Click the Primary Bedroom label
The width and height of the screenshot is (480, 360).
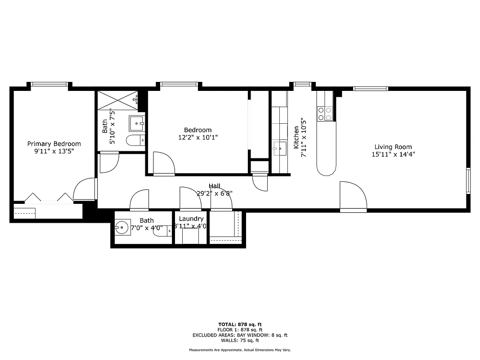(54, 144)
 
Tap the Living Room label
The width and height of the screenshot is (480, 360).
(393, 147)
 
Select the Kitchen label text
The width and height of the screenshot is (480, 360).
(296, 137)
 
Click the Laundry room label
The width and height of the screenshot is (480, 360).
(191, 219)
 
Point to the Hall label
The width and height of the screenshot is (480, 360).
(214, 186)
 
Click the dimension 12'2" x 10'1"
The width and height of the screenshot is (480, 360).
(197, 138)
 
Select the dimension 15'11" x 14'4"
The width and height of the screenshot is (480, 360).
(393, 154)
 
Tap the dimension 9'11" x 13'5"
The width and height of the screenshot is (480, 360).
(54, 151)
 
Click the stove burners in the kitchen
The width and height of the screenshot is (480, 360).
(325, 113)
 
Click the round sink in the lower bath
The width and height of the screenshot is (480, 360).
(122, 228)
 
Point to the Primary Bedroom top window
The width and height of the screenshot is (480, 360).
(49, 84)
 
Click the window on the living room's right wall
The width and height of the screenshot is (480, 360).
(468, 180)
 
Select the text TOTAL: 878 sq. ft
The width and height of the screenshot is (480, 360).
(240, 324)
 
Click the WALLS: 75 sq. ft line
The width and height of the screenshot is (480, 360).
(240, 341)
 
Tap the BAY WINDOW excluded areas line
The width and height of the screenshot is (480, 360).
(240, 335)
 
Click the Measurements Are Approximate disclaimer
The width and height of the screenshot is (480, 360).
(240, 350)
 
